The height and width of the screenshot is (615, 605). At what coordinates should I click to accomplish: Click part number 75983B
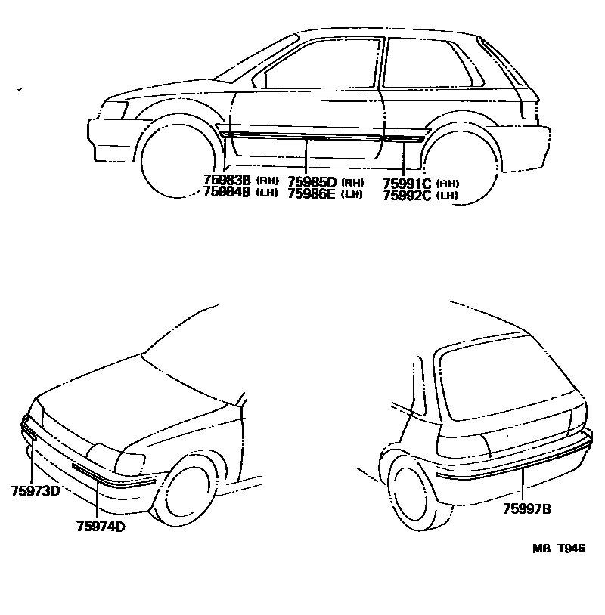(x=228, y=181)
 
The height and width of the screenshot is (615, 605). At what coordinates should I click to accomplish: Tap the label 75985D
(x=312, y=182)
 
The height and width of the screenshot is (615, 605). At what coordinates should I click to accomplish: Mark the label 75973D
(x=35, y=491)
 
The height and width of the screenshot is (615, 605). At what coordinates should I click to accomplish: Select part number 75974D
(x=101, y=527)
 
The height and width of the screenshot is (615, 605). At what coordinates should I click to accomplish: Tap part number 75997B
(x=527, y=508)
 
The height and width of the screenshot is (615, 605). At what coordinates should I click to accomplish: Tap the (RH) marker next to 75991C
(x=449, y=184)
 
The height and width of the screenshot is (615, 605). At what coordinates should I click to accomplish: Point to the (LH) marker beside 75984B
(x=268, y=193)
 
